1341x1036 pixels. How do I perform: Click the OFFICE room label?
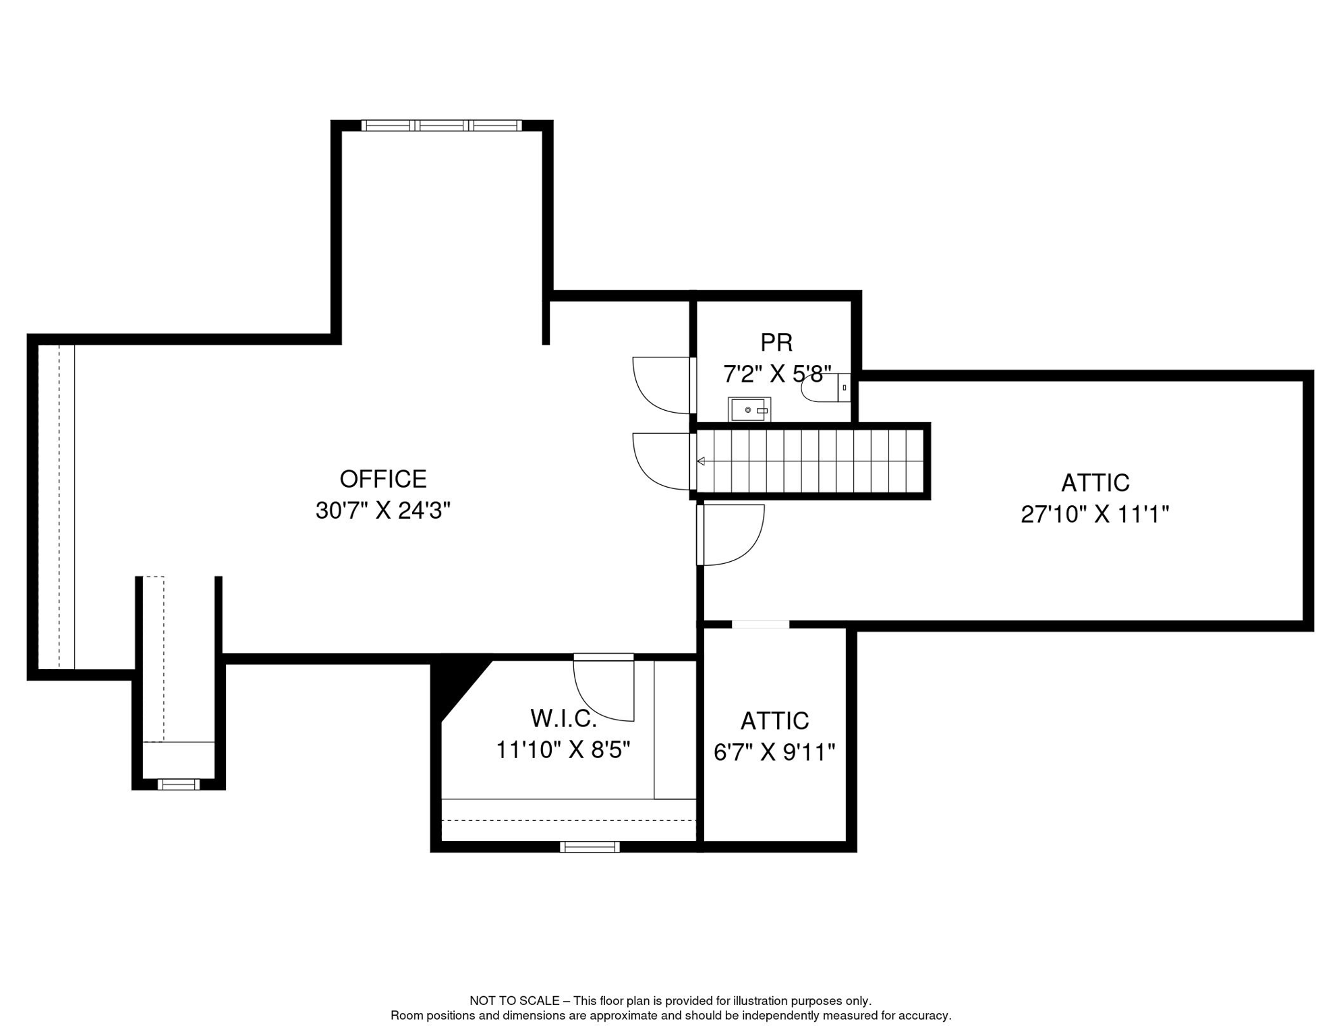point(383,480)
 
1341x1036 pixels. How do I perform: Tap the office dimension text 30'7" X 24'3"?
point(383,511)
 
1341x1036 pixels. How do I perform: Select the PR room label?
point(776,343)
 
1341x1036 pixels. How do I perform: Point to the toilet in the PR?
point(826,388)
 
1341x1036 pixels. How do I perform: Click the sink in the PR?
point(749,409)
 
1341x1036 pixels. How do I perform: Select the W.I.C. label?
point(564,719)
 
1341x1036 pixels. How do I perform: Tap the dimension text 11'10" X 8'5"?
point(563,750)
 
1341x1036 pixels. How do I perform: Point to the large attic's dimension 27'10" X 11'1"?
point(1095,515)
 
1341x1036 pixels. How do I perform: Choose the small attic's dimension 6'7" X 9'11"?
point(774,752)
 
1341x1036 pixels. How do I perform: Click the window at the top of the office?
point(442,125)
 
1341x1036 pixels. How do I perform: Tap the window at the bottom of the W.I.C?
point(590,847)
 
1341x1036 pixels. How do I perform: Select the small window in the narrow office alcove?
point(179,784)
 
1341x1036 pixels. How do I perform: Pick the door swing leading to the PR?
point(662,385)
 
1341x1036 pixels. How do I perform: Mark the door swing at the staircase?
point(662,461)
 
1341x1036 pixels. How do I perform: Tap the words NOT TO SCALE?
point(515,1001)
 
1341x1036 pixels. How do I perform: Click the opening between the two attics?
point(760,625)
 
